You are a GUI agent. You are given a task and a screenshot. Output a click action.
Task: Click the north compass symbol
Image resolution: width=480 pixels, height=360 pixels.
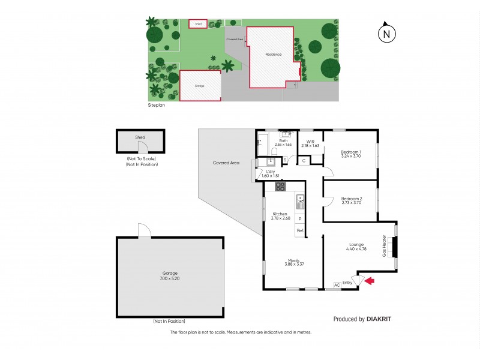click(387, 34)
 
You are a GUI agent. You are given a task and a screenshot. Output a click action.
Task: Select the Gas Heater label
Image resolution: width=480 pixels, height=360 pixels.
click(385, 245)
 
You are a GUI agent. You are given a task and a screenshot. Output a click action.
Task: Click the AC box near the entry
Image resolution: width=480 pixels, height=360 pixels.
click(336, 284)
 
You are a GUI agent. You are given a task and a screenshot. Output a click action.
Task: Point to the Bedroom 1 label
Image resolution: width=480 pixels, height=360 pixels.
click(351, 152)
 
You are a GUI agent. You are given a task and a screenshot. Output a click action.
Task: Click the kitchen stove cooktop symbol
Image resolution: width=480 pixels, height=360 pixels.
click(280, 187)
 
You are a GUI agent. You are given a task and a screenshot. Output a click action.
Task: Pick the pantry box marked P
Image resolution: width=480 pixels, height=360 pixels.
click(300, 219)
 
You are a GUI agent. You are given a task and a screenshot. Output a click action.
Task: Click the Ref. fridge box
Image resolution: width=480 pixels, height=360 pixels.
click(300, 230)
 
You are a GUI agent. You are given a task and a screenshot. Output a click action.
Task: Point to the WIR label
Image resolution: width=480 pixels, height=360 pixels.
click(310, 142)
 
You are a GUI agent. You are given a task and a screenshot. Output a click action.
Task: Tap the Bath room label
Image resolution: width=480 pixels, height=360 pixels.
click(283, 141)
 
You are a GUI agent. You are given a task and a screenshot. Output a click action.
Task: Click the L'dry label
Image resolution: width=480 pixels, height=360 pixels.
click(263, 171)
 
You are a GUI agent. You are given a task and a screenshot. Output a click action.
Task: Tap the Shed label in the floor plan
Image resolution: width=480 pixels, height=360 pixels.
click(140, 137)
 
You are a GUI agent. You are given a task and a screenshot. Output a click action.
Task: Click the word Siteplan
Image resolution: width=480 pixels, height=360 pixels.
click(157, 105)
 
